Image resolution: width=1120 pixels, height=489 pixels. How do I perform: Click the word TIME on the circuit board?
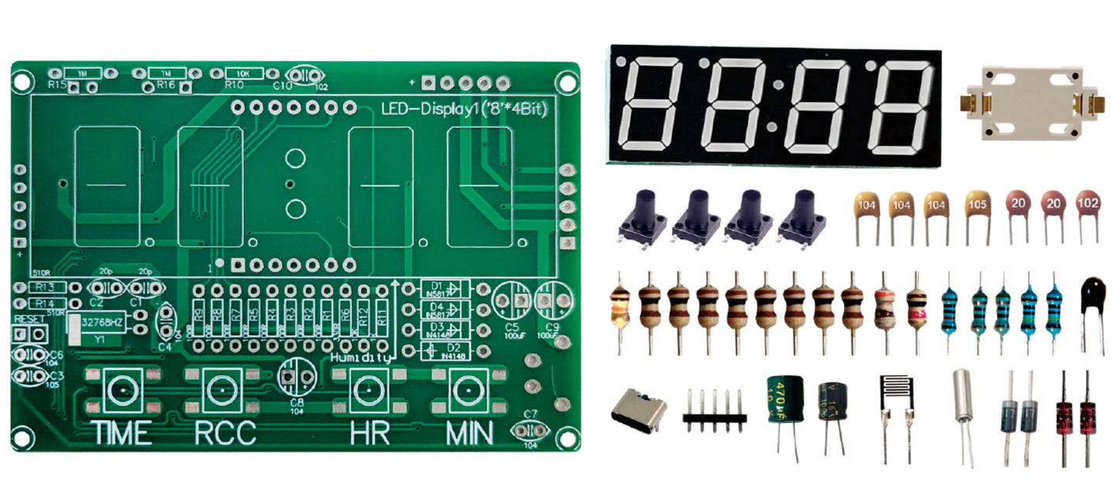[122, 432]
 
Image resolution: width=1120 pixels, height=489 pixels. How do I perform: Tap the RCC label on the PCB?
[225, 432]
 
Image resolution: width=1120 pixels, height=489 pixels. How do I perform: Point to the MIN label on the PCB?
[470, 432]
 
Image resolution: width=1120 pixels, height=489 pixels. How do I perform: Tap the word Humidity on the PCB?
[357, 358]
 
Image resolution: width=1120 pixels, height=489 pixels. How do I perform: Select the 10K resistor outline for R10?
[243, 72]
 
